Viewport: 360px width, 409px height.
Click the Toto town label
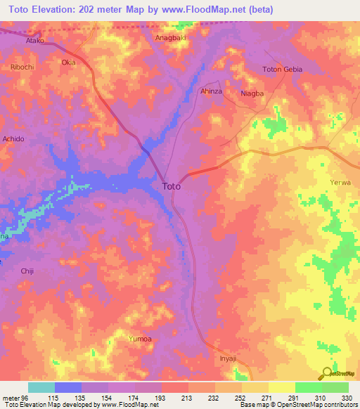[x=172, y=186]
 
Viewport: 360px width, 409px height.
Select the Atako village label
[x=35, y=41]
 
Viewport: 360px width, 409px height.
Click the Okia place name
[x=68, y=63]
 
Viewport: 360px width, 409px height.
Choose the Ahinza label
[x=212, y=91]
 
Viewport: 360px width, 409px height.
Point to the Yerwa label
[x=340, y=183]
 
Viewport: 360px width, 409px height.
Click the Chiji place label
[x=27, y=271]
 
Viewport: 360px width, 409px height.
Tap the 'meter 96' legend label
[x=14, y=397]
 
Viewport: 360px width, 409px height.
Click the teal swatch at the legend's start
[x=41, y=387]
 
